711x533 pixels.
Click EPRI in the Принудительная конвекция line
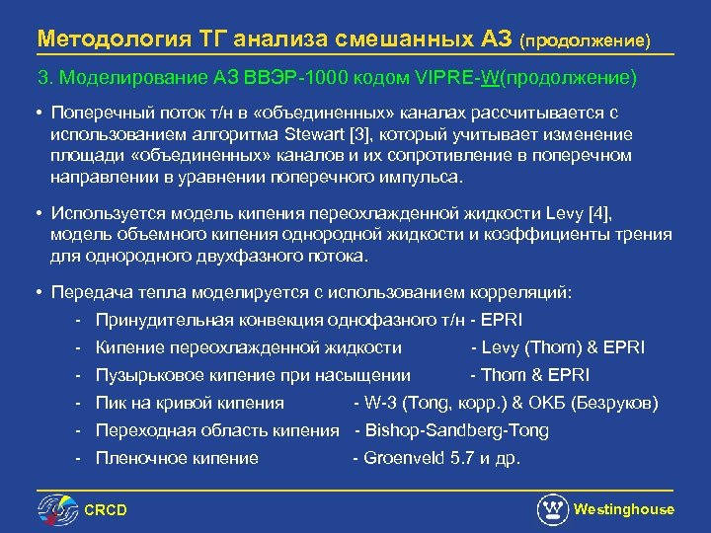[x=503, y=320]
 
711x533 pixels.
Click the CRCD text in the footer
[x=106, y=509]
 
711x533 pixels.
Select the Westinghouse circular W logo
[x=552, y=509]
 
